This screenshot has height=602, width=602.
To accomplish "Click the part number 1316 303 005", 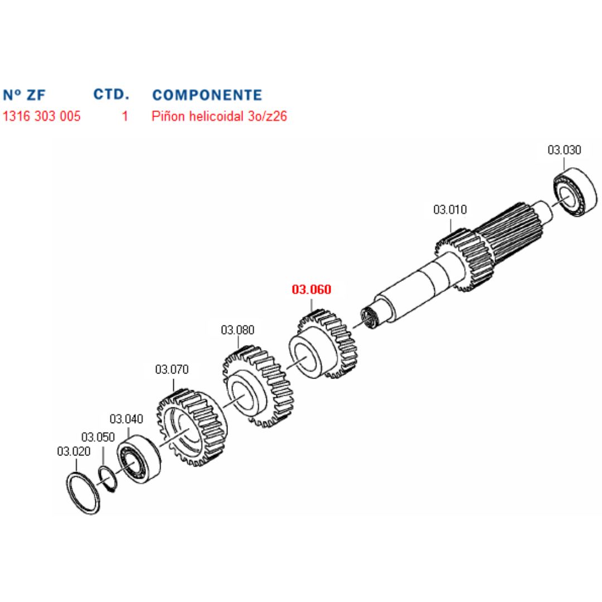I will (x=42, y=116).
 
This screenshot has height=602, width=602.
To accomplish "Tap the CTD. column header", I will (x=111, y=94).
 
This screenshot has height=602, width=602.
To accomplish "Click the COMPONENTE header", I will (x=207, y=94).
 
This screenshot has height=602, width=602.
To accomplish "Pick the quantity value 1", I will (x=125, y=116).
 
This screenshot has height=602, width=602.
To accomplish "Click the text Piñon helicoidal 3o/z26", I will (x=220, y=116).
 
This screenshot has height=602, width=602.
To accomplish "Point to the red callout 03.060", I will (x=312, y=289).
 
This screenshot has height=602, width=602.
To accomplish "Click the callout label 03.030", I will (x=564, y=149).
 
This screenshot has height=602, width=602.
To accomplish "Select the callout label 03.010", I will (x=450, y=210).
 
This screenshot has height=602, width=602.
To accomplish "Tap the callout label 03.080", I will (x=237, y=329).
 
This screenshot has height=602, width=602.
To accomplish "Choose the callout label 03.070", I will (x=172, y=369).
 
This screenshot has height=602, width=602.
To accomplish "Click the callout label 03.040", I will (x=127, y=419).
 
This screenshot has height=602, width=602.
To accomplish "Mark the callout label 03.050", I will (x=98, y=436).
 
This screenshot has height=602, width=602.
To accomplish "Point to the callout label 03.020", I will (x=74, y=451).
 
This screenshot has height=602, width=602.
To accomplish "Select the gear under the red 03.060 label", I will (x=323, y=346).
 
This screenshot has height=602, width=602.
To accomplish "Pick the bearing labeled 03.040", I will (x=138, y=458).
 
